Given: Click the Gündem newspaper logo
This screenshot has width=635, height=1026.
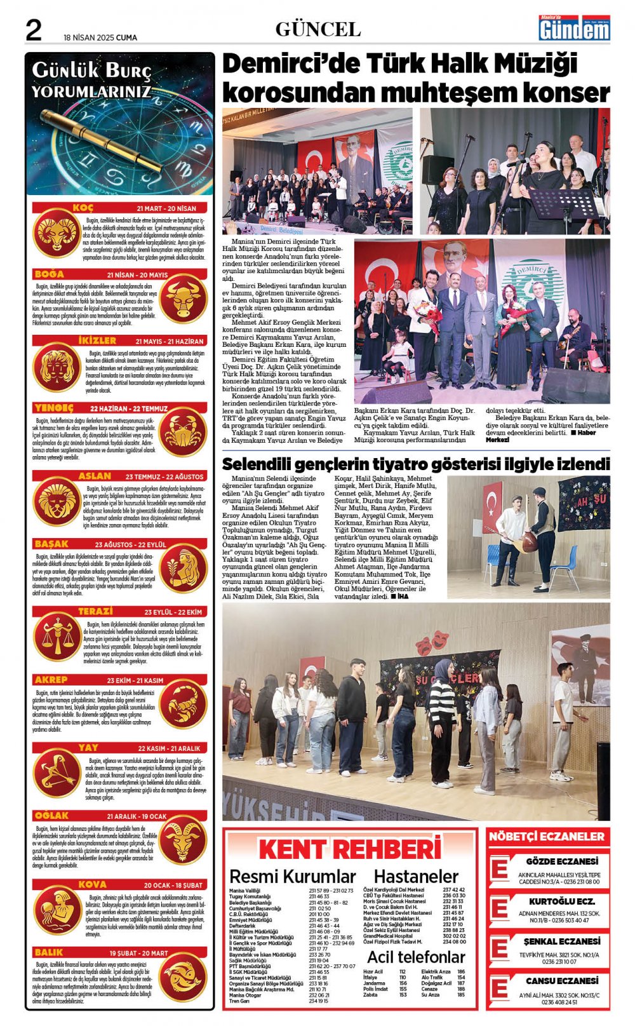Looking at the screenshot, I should tap(574, 29).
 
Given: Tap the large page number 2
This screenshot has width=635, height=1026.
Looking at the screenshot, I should tap(34, 30).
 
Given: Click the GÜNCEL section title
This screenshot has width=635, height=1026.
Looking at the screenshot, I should tap(318, 29).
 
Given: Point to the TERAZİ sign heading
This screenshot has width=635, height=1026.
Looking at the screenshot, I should tap(95, 611).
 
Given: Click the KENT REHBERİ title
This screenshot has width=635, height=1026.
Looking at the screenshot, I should tap(349, 849).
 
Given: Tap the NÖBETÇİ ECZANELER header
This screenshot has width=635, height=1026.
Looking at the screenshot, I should tap(547, 837).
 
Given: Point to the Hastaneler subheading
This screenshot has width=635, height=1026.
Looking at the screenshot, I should tap(416, 877).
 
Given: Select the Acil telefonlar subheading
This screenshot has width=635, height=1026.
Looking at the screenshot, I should tap(416, 957).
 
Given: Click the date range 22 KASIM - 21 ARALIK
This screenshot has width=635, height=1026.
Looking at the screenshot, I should tap(169, 748).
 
